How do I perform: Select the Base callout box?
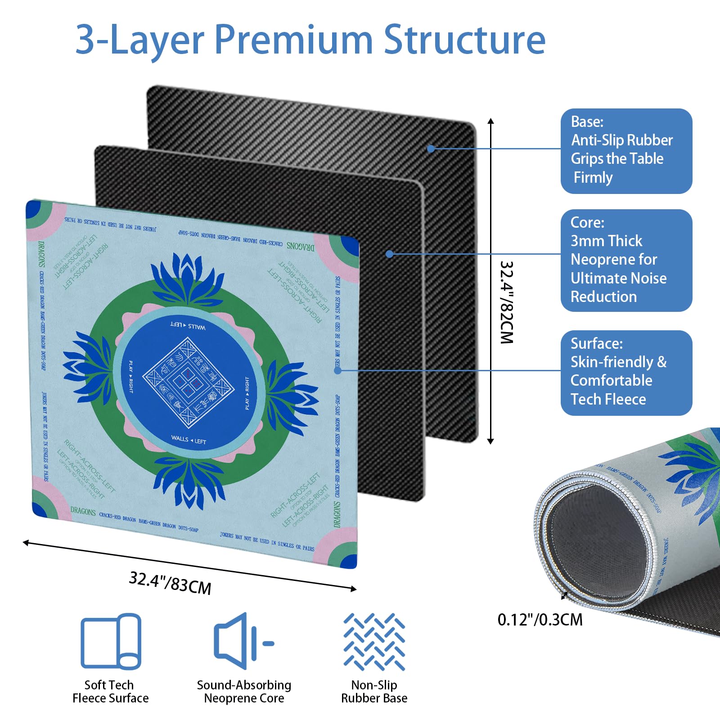626,151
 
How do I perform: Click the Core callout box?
626,260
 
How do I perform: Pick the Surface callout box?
626,373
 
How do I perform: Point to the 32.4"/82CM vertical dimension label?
507,302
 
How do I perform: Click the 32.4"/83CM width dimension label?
170,583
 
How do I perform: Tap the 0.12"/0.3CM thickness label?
540,620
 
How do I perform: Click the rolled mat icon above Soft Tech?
111,641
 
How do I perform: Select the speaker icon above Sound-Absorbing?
243,641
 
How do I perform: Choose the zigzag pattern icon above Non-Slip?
374,641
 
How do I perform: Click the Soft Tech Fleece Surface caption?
110,692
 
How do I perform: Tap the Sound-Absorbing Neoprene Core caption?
244,692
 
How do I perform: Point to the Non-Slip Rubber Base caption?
374,692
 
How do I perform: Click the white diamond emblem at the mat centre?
189,382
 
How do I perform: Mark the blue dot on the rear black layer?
431,148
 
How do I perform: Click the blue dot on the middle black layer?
390,254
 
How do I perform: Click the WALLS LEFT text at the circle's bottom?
189,440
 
